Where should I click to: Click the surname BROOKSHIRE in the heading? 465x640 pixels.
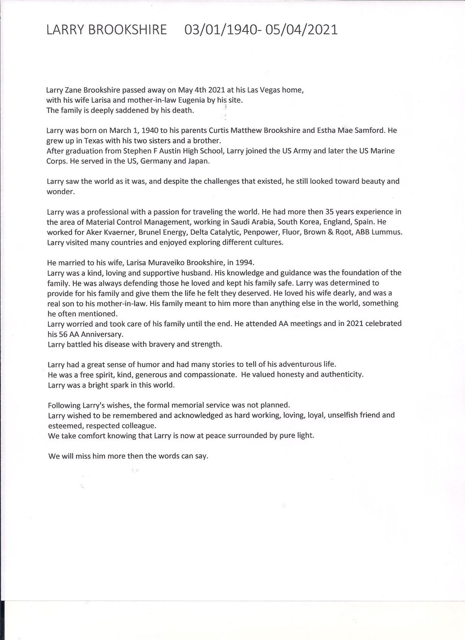pos(127,30)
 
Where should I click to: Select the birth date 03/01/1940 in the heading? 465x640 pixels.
pos(221,30)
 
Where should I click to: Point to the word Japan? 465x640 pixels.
pos(199,161)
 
